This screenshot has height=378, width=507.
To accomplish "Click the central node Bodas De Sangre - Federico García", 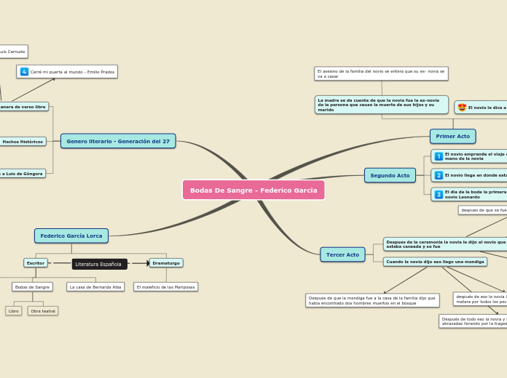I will pyautogui.click(x=253, y=190).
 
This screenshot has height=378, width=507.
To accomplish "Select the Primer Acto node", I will pyautogui.click(x=452, y=136).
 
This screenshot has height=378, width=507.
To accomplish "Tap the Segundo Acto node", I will pyautogui.click(x=390, y=175).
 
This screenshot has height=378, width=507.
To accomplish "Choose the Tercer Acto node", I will pyautogui.click(x=342, y=254).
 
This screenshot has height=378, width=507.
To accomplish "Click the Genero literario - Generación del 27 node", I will pyautogui.click(x=118, y=141).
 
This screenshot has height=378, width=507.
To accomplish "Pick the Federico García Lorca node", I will pyautogui.click(x=71, y=236).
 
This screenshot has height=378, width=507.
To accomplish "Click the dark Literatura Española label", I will pyautogui.click(x=99, y=264).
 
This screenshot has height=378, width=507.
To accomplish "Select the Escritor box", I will pyautogui.click(x=36, y=262).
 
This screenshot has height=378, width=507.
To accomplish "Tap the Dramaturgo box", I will pyautogui.click(x=166, y=262).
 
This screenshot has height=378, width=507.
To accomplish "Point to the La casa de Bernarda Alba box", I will pyautogui.click(x=95, y=287).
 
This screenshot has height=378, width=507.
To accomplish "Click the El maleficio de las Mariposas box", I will pyautogui.click(x=166, y=287).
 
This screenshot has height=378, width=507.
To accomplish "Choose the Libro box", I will pyautogui.click(x=14, y=310).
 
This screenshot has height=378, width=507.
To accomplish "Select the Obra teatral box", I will pyautogui.click(x=43, y=310).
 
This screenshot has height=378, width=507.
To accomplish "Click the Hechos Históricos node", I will pyautogui.click(x=23, y=142).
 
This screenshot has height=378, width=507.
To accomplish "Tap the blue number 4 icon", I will pyautogui.click(x=24, y=71).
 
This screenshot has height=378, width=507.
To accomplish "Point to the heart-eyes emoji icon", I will pyautogui.click(x=462, y=108).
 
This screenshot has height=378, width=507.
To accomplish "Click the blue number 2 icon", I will pyautogui.click(x=439, y=175).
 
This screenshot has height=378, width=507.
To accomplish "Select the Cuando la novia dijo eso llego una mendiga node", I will pyautogui.click(x=435, y=262).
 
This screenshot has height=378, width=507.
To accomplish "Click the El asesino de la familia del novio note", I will pyautogui.click(x=381, y=73).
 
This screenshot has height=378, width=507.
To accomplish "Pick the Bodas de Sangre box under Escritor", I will pyautogui.click(x=32, y=287).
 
